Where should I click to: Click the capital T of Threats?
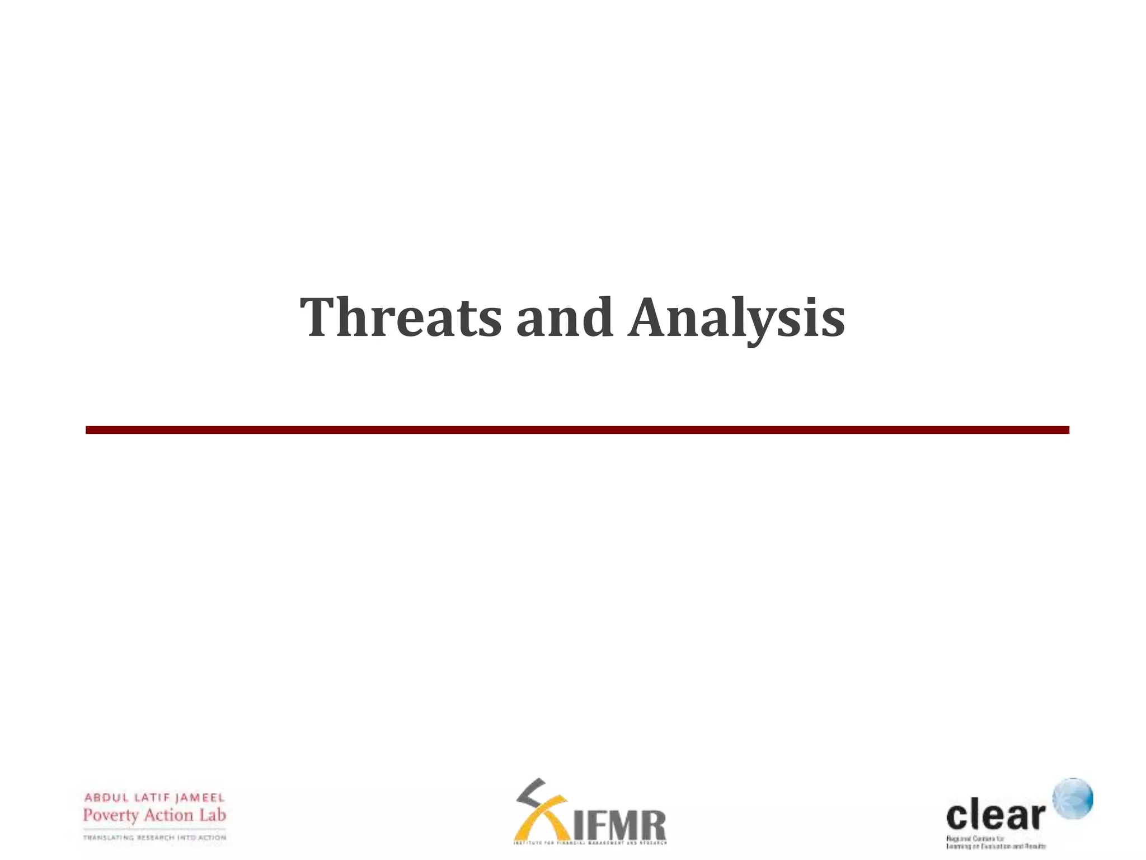click(x=320, y=317)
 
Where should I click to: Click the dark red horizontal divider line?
click(x=577, y=430)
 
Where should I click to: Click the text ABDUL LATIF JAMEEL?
click(x=154, y=797)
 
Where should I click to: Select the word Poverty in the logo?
click(x=110, y=815)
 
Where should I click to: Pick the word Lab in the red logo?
click(x=213, y=815)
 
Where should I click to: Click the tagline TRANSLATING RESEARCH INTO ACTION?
click(x=154, y=838)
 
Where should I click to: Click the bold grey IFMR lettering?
click(x=620, y=825)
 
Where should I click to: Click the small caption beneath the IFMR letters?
click(x=590, y=843)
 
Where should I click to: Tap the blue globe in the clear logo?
click(x=1073, y=798)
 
